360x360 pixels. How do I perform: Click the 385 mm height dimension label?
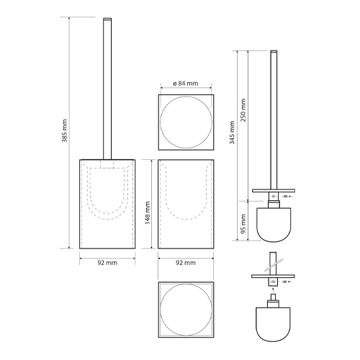coord(65,130)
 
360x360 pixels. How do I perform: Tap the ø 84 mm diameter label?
coord(186,84)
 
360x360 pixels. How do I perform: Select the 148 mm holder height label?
coord(148,213)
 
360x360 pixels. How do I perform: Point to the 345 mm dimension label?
coord(232,132)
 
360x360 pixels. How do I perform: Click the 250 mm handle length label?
coord(243,110)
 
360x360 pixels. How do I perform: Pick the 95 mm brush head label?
coord(243,224)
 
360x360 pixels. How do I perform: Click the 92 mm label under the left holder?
coord(107,263)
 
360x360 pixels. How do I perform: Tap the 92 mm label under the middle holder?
coord(186,263)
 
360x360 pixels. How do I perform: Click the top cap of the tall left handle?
coord(107,19)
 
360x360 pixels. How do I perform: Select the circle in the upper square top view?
coord(161,122)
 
